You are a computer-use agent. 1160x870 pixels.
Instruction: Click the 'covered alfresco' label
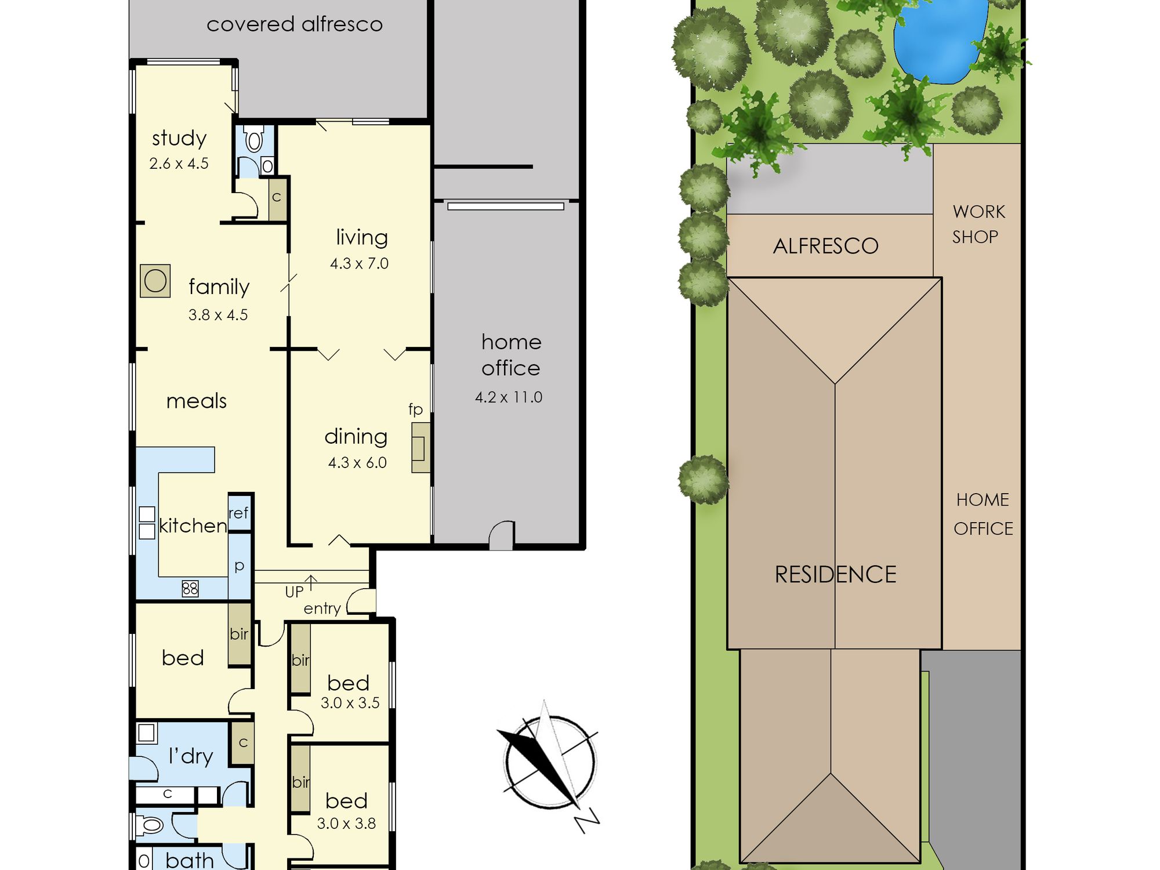point(295,24)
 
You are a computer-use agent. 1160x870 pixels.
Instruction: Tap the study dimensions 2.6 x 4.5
point(179,164)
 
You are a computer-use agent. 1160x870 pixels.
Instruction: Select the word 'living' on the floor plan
point(362,237)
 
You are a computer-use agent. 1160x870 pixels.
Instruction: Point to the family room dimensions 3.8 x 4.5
point(218,315)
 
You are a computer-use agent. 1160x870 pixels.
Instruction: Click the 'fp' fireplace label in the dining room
point(415,409)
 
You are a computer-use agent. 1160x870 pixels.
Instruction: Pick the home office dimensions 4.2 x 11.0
point(509,397)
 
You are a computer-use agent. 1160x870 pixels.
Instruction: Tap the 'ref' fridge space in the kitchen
point(239,513)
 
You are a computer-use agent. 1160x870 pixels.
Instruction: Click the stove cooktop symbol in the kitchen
point(190,589)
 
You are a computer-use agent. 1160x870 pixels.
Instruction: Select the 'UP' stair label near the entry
point(294,592)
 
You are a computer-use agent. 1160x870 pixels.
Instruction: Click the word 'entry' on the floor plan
point(322,609)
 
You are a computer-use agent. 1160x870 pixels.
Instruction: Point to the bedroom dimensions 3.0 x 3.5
point(350,703)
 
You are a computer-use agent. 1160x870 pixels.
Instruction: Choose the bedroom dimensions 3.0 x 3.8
point(346,824)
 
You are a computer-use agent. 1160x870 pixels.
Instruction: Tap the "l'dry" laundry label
point(191,756)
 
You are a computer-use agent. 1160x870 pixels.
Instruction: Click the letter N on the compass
point(586,821)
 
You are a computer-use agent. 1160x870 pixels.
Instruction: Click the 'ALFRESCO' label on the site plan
point(826,246)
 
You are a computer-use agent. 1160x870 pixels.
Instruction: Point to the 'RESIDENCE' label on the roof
point(836,575)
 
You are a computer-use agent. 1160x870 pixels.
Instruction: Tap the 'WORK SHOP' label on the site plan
point(978,224)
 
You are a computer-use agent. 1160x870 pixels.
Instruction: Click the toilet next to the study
point(254,139)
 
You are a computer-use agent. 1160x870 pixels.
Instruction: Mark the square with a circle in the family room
point(155,281)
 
